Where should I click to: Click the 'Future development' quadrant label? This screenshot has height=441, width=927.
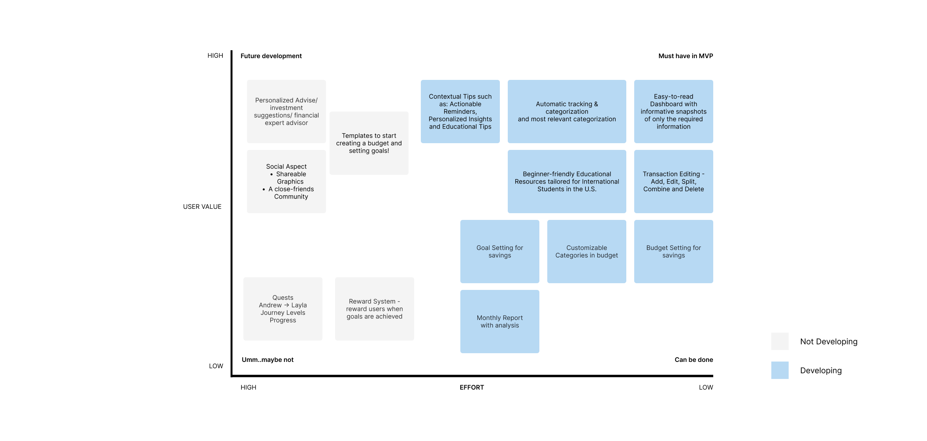coord(271,56)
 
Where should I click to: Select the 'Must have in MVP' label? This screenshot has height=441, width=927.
coord(686,56)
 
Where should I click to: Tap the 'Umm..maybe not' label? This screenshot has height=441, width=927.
coord(268,360)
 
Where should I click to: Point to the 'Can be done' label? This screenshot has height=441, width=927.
coord(693,360)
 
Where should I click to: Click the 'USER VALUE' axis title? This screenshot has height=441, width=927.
coord(202,207)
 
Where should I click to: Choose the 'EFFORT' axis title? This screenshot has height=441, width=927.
coord(471,388)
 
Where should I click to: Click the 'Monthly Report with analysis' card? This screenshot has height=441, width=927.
coord(499,322)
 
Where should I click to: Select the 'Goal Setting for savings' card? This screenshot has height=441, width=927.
coord(499,252)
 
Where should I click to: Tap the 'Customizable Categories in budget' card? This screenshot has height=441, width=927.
coord(586,252)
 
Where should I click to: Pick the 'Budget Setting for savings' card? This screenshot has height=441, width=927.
coord(673,252)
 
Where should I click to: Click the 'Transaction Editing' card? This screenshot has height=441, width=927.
coord(673,182)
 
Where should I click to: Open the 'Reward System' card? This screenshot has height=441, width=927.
coord(374,309)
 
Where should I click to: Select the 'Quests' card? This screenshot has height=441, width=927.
coord(283,309)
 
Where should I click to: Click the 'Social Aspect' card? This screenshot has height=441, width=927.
coord(286,182)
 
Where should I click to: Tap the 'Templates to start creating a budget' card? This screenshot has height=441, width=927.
coord(369,143)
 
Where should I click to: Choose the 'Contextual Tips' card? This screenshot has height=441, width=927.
coord(460,112)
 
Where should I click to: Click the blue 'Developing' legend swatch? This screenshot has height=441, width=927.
coord(780,370)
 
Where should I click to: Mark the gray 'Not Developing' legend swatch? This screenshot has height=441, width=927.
coord(780,341)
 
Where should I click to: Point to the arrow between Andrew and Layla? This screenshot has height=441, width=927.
coord(286,305)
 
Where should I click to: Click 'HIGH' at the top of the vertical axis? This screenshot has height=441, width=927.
coord(215,56)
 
